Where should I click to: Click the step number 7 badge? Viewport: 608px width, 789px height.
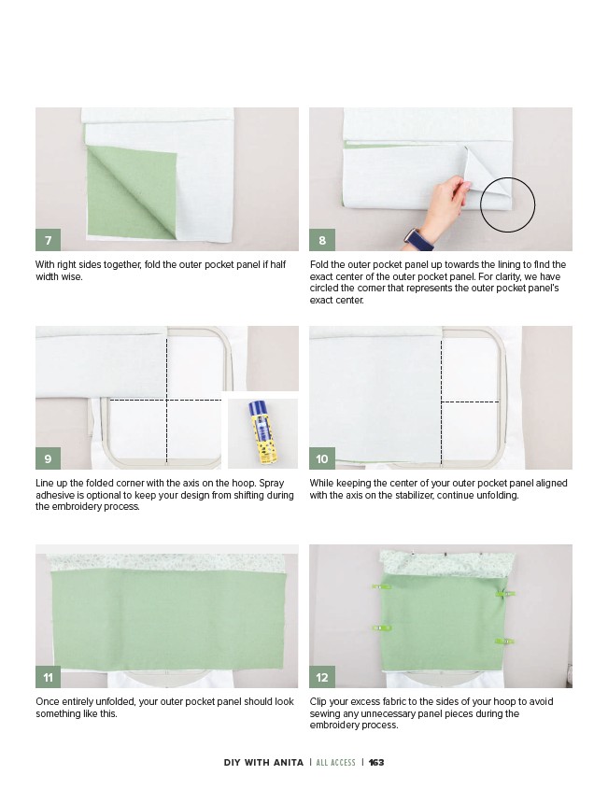pyautogui.click(x=48, y=240)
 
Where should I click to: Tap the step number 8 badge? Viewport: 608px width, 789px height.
pyautogui.click(x=322, y=240)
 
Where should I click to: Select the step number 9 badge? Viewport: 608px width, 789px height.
pyautogui.click(x=48, y=458)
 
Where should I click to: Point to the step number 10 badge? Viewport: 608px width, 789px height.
pyautogui.click(x=322, y=458)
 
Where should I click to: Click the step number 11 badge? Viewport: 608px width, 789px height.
pyautogui.click(x=48, y=677)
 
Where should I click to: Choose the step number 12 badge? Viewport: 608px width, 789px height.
pyautogui.click(x=322, y=677)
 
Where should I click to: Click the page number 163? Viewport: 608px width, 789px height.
pyautogui.click(x=376, y=762)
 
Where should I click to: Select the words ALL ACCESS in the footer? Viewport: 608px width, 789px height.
pyautogui.click(x=335, y=762)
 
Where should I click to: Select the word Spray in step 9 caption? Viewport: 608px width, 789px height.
pyautogui.click(x=272, y=484)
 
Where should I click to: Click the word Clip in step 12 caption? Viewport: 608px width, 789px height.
pyautogui.click(x=318, y=702)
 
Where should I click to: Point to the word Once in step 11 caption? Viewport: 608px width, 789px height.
pyautogui.click(x=47, y=701)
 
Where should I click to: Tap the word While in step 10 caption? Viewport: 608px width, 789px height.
pyautogui.click(x=321, y=483)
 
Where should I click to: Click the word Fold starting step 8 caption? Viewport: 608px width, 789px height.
pyautogui.click(x=319, y=264)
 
